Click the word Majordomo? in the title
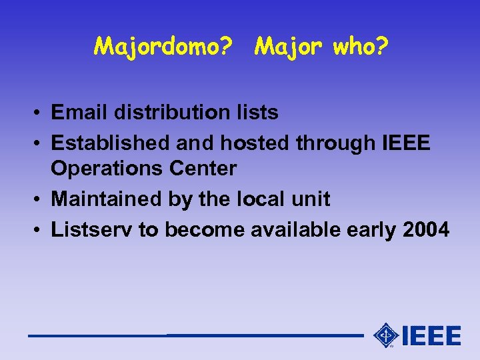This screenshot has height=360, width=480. [163, 47]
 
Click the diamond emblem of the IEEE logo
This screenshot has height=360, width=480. [386, 335]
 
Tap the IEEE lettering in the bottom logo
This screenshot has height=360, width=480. [431, 335]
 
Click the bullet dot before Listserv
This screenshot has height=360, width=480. [41, 229]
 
